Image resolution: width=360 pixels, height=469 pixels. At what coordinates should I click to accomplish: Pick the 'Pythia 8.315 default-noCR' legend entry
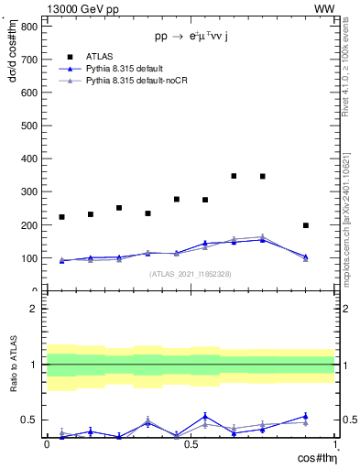pyautogui.click(x=138, y=82)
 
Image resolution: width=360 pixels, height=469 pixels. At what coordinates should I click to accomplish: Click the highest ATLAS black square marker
pyautogui.click(x=235, y=176)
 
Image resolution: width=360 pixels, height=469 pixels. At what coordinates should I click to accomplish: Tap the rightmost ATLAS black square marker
pyautogui.click(x=306, y=225)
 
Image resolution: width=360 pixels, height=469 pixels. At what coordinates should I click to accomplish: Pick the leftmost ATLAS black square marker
pyautogui.click(x=62, y=217)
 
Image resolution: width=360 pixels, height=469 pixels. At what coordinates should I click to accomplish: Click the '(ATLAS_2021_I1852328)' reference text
pyautogui.click(x=191, y=274)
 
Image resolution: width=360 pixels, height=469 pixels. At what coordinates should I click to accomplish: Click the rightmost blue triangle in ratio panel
pyautogui.click(x=306, y=416)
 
